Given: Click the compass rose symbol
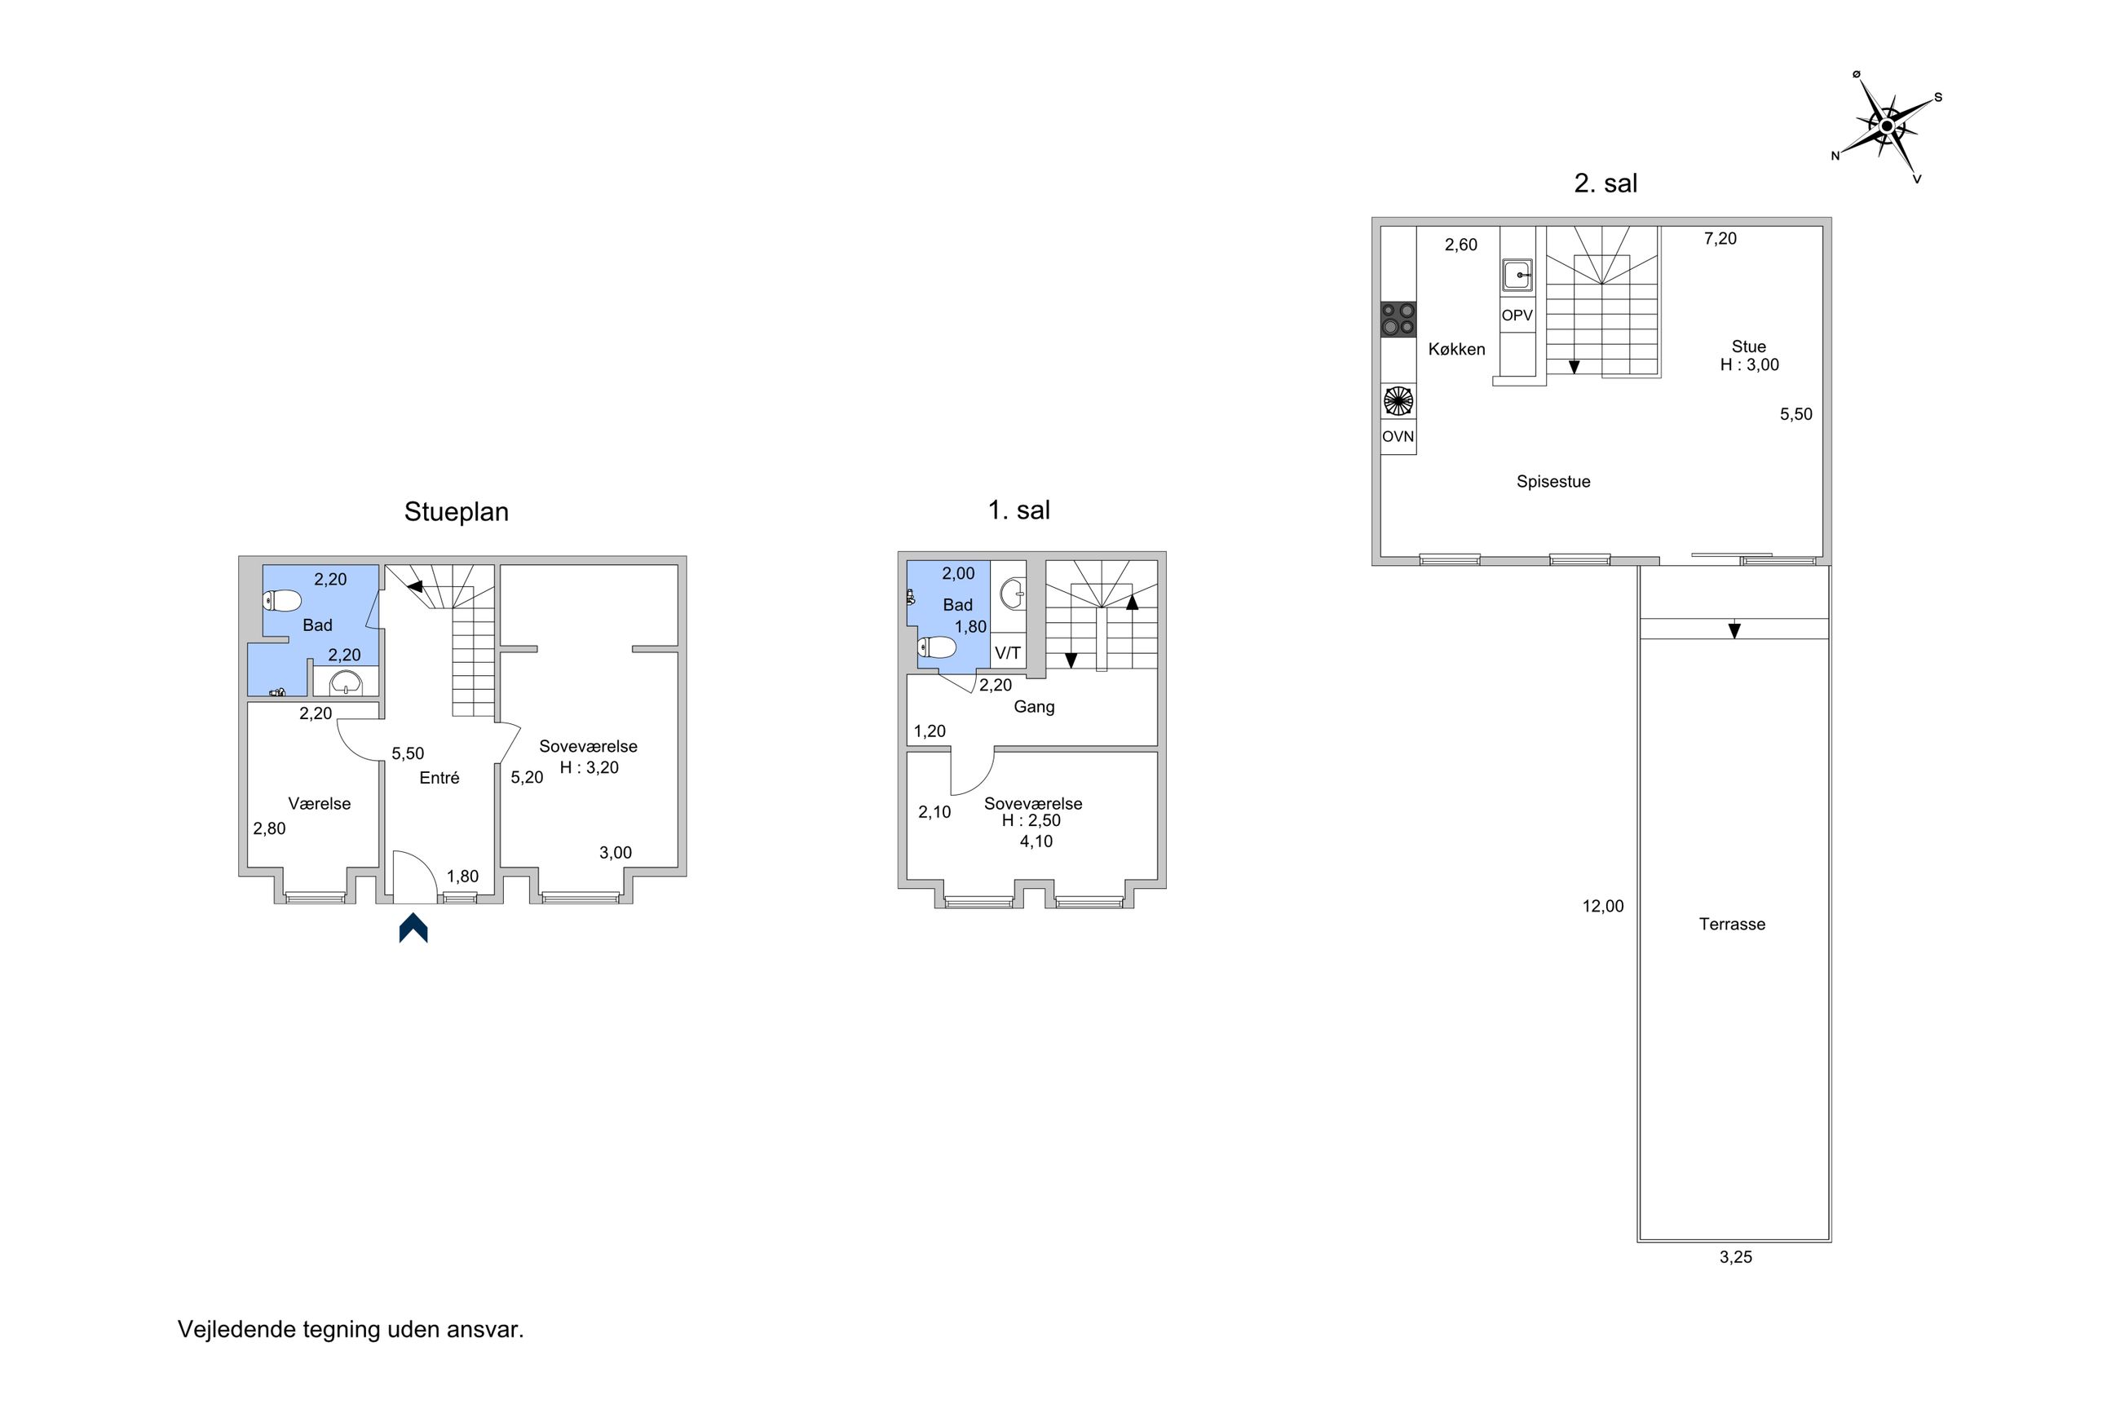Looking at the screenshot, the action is click(1887, 127).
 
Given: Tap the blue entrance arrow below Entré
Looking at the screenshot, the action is click(413, 927).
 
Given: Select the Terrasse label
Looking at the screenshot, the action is click(1732, 924).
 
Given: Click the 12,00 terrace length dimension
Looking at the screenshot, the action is click(1603, 907).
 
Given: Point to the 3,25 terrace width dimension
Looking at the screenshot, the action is click(1735, 1257).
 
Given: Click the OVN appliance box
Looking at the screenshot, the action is click(1398, 437).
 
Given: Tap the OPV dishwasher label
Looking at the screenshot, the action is click(1517, 316).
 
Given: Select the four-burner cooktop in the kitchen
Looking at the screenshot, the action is click(1398, 319).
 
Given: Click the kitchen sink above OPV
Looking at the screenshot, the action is click(1517, 275).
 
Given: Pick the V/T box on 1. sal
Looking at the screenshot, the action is click(1008, 652).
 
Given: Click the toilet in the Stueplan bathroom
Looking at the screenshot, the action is click(282, 600).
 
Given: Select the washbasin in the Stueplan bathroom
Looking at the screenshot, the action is click(346, 682).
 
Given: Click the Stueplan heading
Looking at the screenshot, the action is click(456, 512).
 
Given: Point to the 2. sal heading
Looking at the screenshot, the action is click(1605, 183).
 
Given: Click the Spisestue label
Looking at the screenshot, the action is click(1553, 481).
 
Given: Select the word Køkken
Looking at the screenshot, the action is click(1457, 349).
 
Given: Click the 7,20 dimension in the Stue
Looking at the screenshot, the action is click(1720, 239).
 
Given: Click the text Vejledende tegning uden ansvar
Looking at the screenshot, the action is click(351, 1329).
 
